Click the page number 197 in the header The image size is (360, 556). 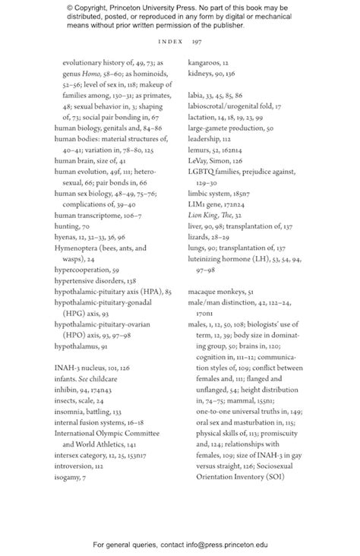coord(196,42)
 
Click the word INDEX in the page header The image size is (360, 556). coord(171,42)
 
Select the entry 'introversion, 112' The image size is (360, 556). coord(83,464)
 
